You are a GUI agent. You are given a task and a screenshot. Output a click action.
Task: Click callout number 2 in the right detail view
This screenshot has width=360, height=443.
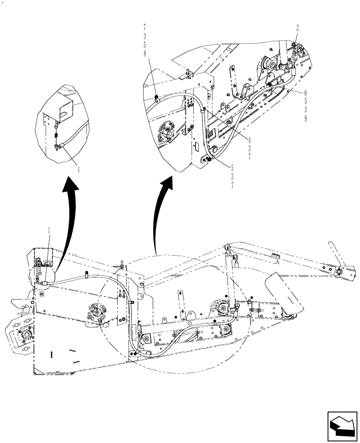click(297, 27)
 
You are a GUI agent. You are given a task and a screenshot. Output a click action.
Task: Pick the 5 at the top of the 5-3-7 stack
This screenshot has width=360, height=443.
click(232, 167)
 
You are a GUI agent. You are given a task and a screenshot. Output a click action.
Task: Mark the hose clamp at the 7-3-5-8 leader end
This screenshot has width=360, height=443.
click(156, 98)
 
